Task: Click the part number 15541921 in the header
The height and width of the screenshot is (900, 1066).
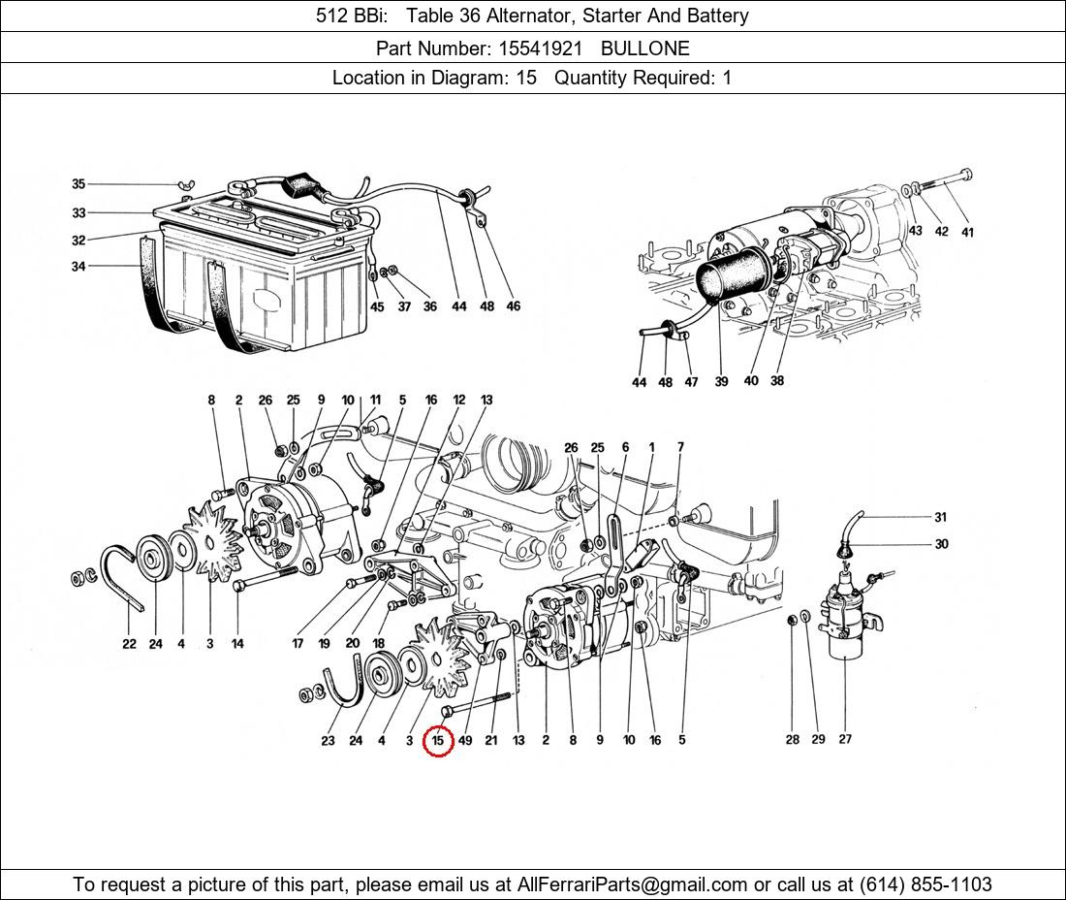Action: (540, 48)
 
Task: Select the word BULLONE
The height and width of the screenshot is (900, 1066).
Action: (645, 48)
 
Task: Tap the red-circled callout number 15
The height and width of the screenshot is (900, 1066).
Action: (438, 740)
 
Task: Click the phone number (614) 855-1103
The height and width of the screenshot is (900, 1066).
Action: (925, 884)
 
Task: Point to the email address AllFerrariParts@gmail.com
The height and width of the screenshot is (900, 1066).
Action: (632, 884)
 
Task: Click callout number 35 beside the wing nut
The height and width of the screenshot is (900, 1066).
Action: (78, 183)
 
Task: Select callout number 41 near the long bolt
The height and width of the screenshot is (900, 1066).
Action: (967, 232)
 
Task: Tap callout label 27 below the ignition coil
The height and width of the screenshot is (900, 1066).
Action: (845, 739)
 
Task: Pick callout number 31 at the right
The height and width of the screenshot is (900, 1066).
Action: (940, 517)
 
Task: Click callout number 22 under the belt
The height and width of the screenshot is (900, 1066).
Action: (129, 644)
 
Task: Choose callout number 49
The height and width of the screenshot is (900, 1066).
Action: (465, 740)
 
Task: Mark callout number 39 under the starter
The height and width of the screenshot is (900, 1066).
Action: (721, 382)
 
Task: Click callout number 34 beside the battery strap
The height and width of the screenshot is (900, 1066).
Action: (78, 266)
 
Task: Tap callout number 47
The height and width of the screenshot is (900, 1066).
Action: (691, 382)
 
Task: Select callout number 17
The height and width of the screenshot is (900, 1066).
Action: (298, 644)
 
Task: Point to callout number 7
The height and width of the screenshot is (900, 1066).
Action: (680, 447)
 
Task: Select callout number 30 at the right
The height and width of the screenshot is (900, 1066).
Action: (941, 544)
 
